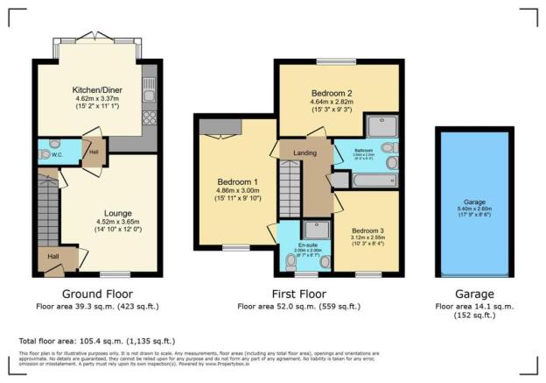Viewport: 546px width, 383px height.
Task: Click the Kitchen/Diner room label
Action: tap(90, 89)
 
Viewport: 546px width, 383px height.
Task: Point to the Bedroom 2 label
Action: tap(330, 92)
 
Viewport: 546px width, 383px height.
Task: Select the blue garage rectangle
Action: tap(474, 201)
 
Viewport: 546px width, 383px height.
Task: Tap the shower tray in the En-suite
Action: tap(319, 229)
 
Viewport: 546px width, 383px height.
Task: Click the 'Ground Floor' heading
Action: tap(97, 294)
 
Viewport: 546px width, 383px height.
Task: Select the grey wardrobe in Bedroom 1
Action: tap(214, 128)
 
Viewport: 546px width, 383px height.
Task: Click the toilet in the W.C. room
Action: tap(56, 145)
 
